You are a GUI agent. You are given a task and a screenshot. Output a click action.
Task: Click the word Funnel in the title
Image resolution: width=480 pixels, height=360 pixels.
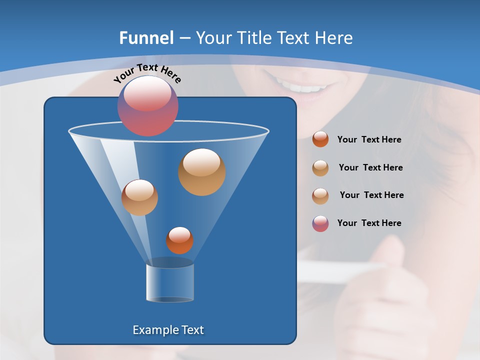pyautogui.click(x=146, y=38)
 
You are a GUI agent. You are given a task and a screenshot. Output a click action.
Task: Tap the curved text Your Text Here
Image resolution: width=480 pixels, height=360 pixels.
pyautogui.click(x=147, y=72)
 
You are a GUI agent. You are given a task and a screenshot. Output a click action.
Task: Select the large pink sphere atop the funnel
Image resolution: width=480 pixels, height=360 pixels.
pyautogui.click(x=148, y=106)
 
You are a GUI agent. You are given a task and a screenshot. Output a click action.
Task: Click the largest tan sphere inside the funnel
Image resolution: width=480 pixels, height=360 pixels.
pyautogui.click(x=202, y=172)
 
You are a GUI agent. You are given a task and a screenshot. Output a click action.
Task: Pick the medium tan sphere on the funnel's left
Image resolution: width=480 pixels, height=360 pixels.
pyautogui.click(x=139, y=197)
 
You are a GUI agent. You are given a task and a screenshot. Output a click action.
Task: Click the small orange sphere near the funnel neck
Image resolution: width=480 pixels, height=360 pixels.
pyautogui.click(x=179, y=240)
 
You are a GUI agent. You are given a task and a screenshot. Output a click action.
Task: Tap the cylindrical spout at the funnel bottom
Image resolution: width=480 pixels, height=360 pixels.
pyautogui.click(x=170, y=282)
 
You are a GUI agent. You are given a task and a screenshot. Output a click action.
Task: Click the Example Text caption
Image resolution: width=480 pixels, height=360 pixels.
pyautogui.click(x=168, y=330)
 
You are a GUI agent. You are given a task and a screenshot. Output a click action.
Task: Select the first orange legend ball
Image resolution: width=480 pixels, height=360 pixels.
pyautogui.click(x=320, y=139)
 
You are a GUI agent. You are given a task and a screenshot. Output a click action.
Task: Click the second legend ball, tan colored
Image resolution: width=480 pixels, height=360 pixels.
pyautogui.click(x=320, y=168)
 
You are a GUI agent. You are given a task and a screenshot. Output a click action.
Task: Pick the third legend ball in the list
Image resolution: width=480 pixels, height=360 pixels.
pyautogui.click(x=320, y=195)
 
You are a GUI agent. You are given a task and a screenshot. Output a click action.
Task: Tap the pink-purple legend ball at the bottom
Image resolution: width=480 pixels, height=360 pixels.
pyautogui.click(x=320, y=223)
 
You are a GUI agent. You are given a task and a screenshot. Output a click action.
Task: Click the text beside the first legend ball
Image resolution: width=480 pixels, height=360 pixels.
pyautogui.click(x=369, y=139)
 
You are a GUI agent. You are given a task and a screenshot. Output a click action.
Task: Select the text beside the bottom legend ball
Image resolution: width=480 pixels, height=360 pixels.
pyautogui.click(x=369, y=223)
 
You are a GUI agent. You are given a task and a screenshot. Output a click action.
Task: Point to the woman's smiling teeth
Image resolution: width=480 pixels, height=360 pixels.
pyautogui.click(x=306, y=88)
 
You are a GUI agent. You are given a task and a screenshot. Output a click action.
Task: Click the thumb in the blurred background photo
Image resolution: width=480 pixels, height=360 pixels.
pyautogui.click(x=392, y=250)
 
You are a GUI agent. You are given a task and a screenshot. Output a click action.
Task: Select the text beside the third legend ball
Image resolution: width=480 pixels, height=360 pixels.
pyautogui.click(x=371, y=195)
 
